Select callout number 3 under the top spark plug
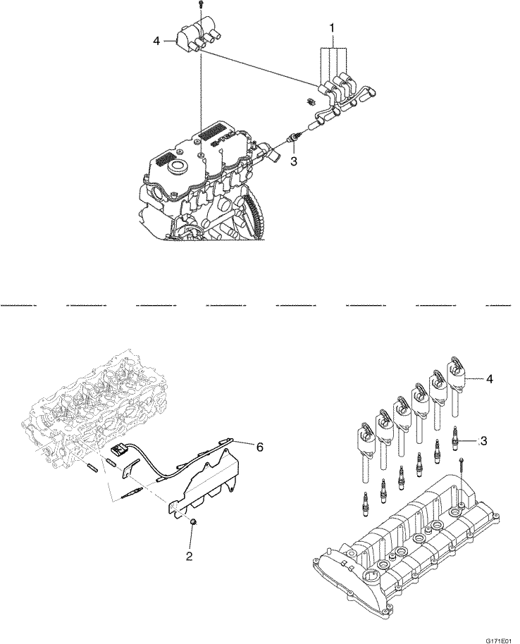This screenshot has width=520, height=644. tap(294, 161)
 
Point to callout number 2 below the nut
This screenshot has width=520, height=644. tap(188, 556)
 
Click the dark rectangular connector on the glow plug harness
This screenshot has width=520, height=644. tap(118, 449)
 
